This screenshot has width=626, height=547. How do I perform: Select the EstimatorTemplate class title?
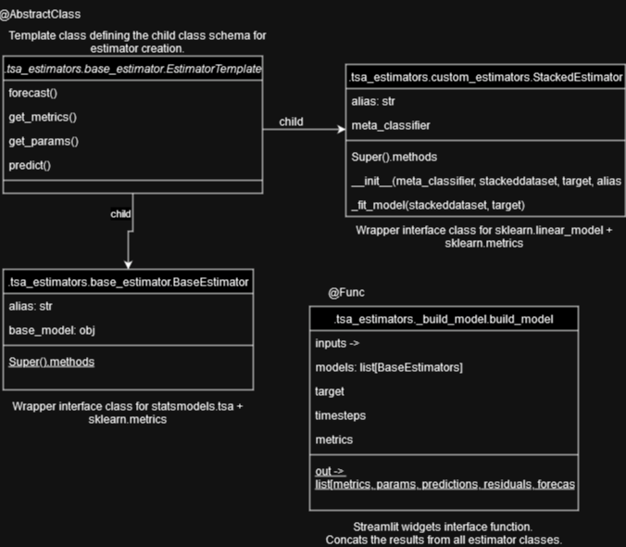coord(133,70)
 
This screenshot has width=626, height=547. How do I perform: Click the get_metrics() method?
coord(43,117)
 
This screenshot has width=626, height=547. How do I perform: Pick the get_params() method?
coord(44,141)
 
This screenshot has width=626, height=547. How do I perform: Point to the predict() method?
coord(30,165)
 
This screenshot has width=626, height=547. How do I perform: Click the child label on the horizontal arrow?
coord(292,121)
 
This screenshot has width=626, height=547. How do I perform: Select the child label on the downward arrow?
coord(120,213)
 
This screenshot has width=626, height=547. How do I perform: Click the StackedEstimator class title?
coord(486,77)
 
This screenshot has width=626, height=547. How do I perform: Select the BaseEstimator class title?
coord(128,282)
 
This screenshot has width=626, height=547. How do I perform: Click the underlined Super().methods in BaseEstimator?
coord(52,362)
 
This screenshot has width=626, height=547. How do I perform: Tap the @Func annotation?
coord(346,293)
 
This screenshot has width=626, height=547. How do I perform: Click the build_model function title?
coord(444,319)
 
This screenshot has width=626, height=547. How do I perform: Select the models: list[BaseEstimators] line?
coord(389,367)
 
